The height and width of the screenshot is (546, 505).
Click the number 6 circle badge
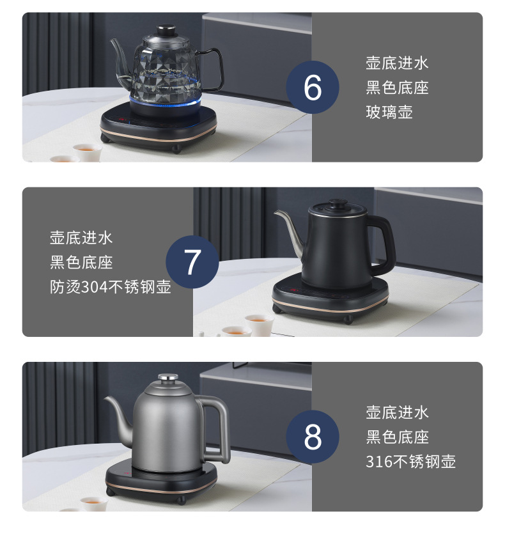point(313,87)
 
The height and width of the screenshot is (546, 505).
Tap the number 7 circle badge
point(192,262)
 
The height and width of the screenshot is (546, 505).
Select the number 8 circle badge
point(313,437)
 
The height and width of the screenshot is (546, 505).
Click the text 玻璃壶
point(389,112)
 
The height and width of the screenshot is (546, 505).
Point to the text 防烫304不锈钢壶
point(111,287)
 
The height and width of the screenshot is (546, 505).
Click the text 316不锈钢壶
point(410,462)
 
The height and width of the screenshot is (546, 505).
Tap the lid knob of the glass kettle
point(166,29)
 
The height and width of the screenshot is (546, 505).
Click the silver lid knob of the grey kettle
point(168,377)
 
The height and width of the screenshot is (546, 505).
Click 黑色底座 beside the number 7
point(81,262)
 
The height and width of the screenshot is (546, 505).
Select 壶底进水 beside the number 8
point(397,412)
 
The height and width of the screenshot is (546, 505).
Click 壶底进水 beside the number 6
point(397,63)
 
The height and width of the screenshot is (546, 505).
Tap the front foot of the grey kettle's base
point(181,501)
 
